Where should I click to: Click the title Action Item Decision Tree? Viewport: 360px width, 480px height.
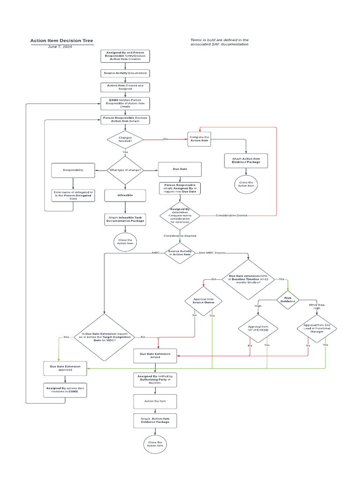pyautogui.click(x=61, y=41)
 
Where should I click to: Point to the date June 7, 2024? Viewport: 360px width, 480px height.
pyautogui.click(x=60, y=47)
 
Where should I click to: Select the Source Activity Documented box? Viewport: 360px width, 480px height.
pyautogui.click(x=125, y=73)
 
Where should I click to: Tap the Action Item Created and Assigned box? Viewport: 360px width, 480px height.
pyautogui.click(x=125, y=87)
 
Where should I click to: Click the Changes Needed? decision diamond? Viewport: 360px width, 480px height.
pyautogui.click(x=125, y=140)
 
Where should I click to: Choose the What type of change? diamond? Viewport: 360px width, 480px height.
pyautogui.click(x=125, y=170)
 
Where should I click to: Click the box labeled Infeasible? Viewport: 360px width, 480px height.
pyautogui.click(x=125, y=195)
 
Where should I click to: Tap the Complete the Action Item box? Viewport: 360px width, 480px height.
pyautogui.click(x=200, y=140)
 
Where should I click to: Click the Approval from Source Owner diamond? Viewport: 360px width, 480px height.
pyautogui.click(x=203, y=300)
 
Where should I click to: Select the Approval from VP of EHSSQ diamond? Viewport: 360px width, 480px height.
pyautogui.click(x=258, y=328)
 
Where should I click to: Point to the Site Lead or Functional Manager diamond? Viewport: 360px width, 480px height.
pyautogui.click(x=317, y=328)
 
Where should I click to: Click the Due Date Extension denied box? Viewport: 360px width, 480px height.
pyautogui.click(x=155, y=356)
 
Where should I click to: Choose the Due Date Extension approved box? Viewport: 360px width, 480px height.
pyautogui.click(x=65, y=368)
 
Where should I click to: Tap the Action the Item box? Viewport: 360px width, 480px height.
pyautogui.click(x=155, y=401)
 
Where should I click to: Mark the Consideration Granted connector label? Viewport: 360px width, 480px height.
pyautogui.click(x=180, y=236)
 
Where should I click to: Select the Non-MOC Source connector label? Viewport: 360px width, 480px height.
pyautogui.click(x=212, y=253)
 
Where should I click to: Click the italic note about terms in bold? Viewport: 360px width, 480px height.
pyautogui.click(x=219, y=42)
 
